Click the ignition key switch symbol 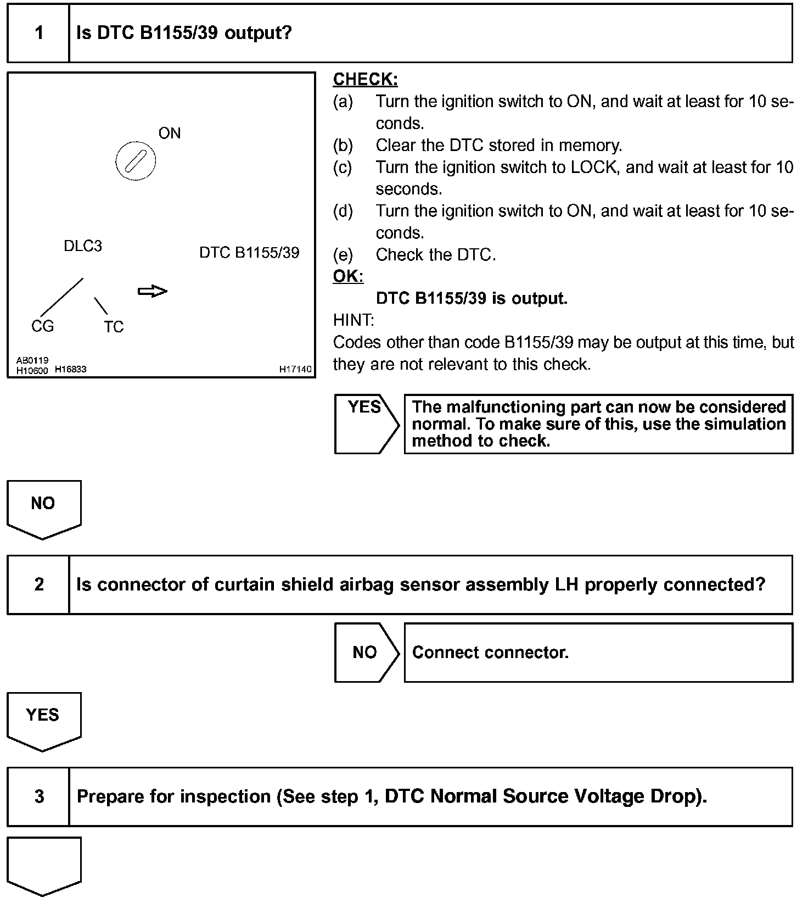pyautogui.click(x=136, y=161)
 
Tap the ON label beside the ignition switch pyautogui.click(x=170, y=133)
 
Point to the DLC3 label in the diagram pyautogui.click(x=83, y=246)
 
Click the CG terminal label pyautogui.click(x=43, y=326)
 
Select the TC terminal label pyautogui.click(x=114, y=327)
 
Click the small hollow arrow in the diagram pyautogui.click(x=152, y=291)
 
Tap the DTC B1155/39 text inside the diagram pyautogui.click(x=249, y=253)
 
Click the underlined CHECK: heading pyautogui.click(x=365, y=80)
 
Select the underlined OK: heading pyautogui.click(x=348, y=276)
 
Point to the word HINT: pyautogui.click(x=353, y=320)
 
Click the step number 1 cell pyautogui.click(x=38, y=33)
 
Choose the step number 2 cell pyautogui.click(x=38, y=584)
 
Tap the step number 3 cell pyautogui.click(x=38, y=796)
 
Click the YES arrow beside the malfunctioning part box pyautogui.click(x=365, y=423)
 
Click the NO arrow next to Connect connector pyautogui.click(x=365, y=653)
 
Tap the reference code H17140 pyautogui.click(x=295, y=369)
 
